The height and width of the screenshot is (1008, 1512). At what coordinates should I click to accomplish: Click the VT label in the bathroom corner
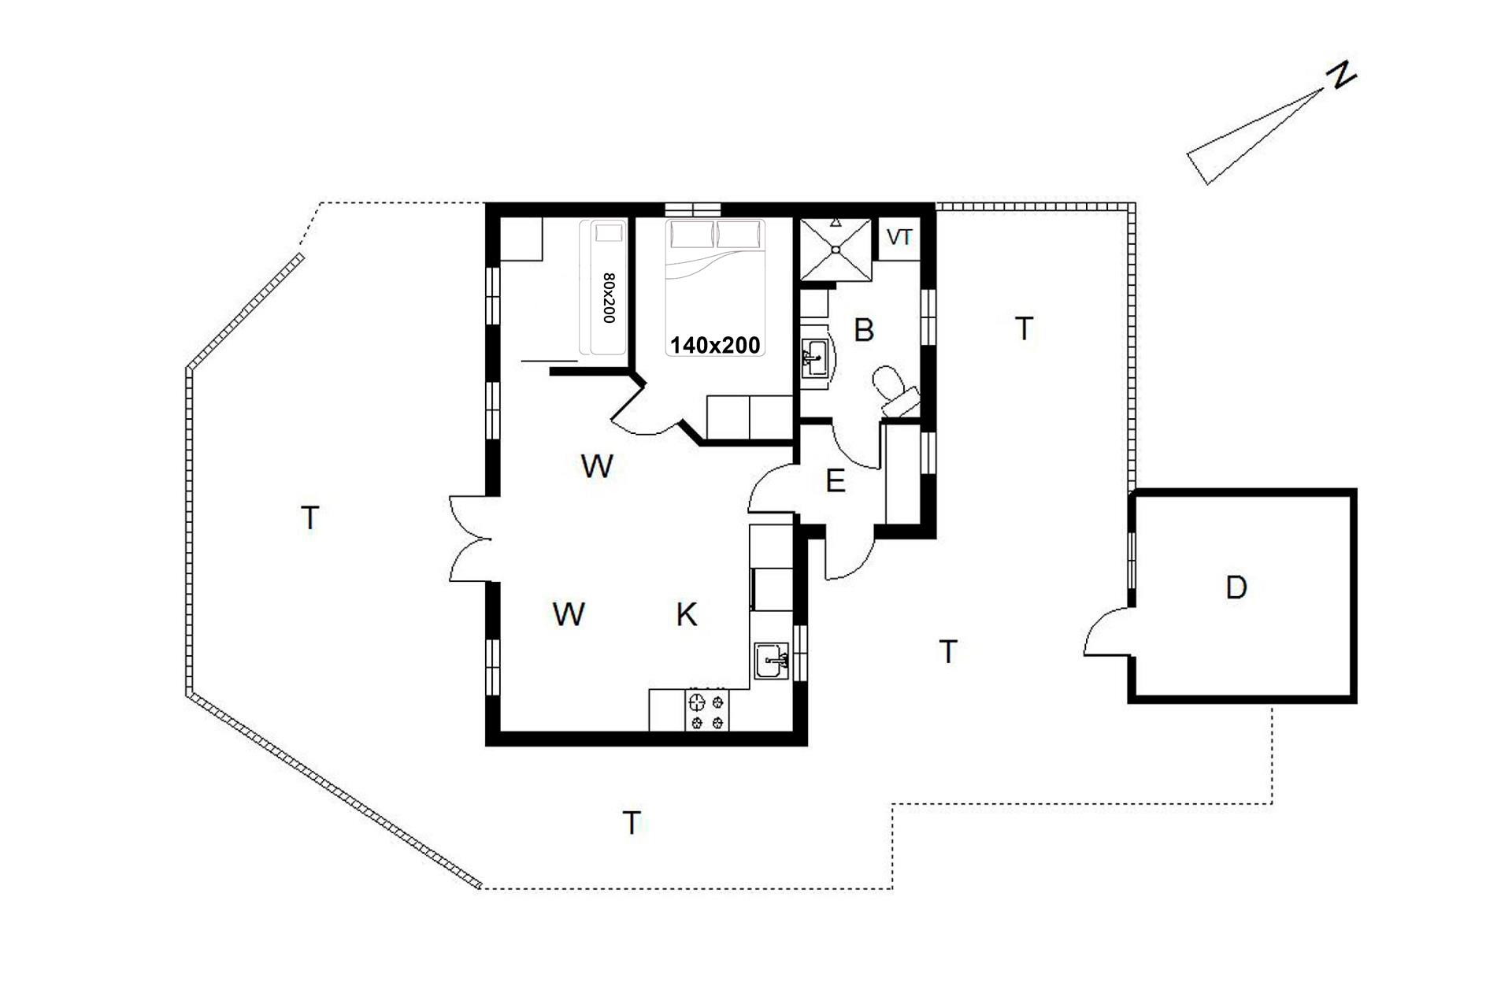pos(899,236)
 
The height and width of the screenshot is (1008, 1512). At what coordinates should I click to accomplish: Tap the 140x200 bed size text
pos(715,345)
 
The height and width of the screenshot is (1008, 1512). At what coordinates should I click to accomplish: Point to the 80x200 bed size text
pos(608,298)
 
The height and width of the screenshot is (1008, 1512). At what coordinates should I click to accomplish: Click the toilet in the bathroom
pos(896,391)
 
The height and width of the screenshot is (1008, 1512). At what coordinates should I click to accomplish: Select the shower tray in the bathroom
pos(836,249)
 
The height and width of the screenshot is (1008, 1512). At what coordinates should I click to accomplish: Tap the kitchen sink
pos(772,661)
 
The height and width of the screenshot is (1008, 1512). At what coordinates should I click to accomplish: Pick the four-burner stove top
pos(706,710)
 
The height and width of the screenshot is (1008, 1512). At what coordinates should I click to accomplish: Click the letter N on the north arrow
pos(1341,76)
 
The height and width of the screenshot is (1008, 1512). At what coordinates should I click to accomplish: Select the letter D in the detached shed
pos(1236,587)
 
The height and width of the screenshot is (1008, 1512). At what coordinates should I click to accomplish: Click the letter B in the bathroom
pos(864,330)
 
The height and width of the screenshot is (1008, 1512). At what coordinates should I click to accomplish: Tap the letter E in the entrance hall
pos(835,481)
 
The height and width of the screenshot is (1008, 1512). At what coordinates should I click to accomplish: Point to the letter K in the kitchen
pos(687,614)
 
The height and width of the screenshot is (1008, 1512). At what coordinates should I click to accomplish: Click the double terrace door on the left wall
pos(470,540)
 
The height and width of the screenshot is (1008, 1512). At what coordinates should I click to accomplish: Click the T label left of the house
pos(310,518)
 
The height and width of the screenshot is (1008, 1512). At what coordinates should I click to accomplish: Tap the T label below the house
pos(632,823)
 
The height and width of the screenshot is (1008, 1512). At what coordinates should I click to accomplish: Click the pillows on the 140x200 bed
pos(716,234)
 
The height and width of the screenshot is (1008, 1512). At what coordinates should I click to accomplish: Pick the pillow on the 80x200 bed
pos(608,232)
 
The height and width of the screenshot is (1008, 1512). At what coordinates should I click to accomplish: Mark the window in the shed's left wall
pos(1132,560)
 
